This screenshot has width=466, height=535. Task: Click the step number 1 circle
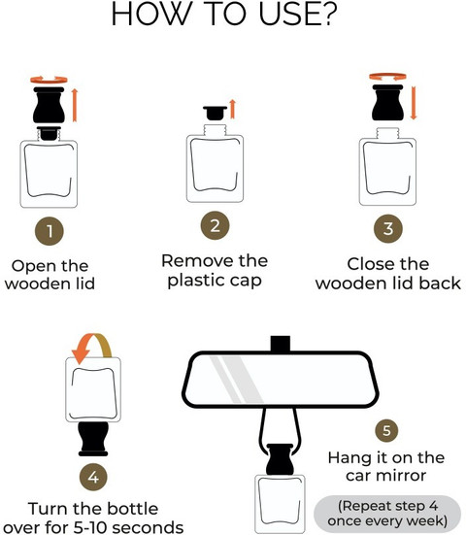point(50,231)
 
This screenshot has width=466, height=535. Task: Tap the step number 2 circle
point(215,225)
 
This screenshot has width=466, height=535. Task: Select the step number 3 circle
point(388,228)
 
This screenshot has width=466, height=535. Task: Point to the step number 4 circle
point(93,477)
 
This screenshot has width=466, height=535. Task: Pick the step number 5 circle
point(386,430)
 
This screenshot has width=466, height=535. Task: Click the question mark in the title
point(329,15)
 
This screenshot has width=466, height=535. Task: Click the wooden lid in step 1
point(49,105)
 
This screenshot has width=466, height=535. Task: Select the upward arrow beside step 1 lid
point(75,105)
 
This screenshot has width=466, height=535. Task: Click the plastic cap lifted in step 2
point(215,113)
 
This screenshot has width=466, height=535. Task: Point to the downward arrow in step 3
point(414,103)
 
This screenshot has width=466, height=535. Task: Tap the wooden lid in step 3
point(388,102)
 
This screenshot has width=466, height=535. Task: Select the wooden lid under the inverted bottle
point(93,439)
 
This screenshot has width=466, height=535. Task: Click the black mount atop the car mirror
point(281,344)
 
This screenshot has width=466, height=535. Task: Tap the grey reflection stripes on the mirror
point(236,379)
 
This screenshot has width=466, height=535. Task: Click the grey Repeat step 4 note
point(387,514)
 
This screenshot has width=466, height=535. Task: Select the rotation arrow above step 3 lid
point(388,77)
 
